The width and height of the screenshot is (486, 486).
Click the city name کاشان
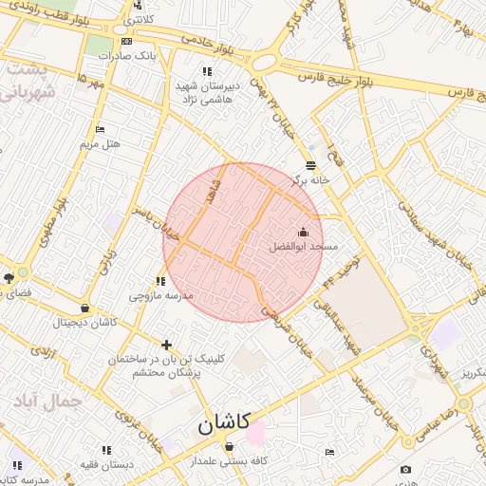coord(224,424)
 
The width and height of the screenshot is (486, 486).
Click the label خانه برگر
coord(310,178)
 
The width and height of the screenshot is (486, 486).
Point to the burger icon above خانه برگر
coord(310,165)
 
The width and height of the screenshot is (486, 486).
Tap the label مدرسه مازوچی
coord(160,295)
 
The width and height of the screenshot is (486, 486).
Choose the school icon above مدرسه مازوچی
coord(160,281)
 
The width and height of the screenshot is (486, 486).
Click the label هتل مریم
coord(100,143)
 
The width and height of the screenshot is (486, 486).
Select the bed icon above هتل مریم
coord(100,130)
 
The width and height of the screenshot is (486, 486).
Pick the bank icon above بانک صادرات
coord(127,42)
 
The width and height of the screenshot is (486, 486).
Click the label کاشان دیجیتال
coord(85,322)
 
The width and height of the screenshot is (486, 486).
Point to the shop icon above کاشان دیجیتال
coord(85,308)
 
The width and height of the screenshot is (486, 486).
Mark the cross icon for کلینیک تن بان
coord(167,345)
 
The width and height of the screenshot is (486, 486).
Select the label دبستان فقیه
coord(106,464)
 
